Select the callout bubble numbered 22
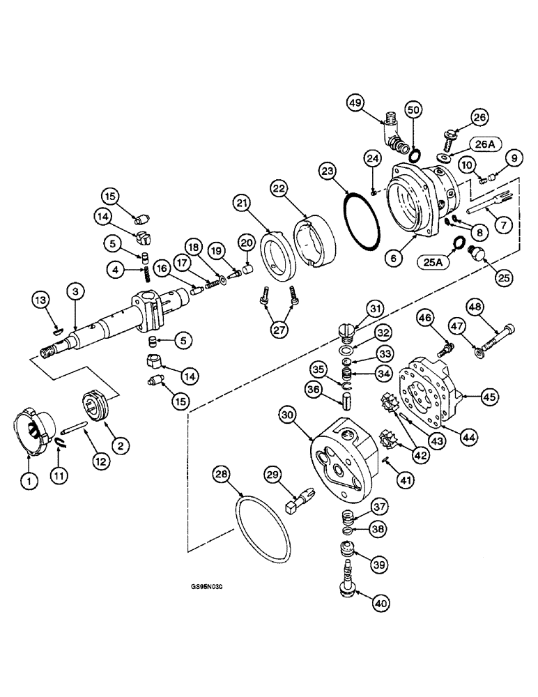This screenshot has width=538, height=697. pos(279,189)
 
